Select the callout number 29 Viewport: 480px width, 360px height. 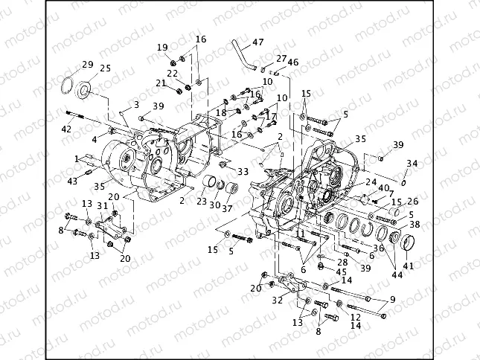[87, 65]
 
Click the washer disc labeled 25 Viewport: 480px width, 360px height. [85, 91]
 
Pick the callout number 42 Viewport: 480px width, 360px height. [66, 128]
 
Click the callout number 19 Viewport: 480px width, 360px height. [161, 48]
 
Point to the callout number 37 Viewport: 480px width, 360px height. [228, 209]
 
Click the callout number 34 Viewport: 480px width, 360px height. [412, 163]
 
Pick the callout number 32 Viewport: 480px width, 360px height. [278, 300]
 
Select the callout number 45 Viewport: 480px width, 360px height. [342, 272]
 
